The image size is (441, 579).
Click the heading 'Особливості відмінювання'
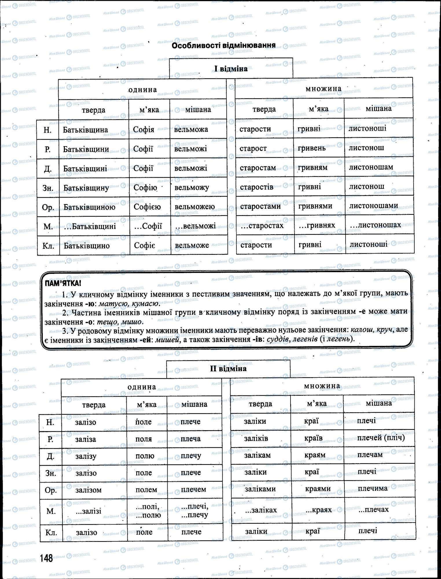pos(223,45)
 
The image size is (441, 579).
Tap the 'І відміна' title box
pos(231,69)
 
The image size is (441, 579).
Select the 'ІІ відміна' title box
pos(228,369)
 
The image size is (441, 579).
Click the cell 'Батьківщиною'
pos(89,207)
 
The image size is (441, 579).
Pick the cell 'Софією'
pos(147,207)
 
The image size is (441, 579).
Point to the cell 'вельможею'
pos(194,207)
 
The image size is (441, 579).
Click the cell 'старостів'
pos(256,187)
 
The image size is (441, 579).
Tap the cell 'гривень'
pos(311,148)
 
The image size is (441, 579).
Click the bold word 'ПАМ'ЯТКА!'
pos(63,283)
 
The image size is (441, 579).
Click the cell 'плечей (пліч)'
pos(381,437)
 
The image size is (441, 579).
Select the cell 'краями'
pos(318,489)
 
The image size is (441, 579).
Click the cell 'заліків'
pos(256,438)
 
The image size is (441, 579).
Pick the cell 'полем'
pos(146,490)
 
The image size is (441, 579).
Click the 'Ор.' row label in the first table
pos(48,207)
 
